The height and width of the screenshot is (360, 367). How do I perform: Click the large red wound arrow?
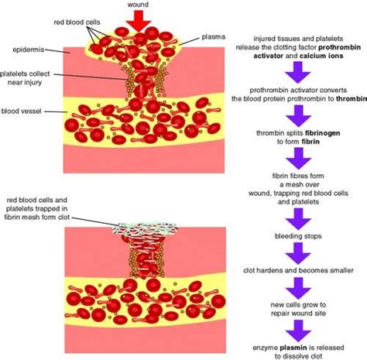coord(137,20)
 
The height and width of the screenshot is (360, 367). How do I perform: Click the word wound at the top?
coord(137,5)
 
